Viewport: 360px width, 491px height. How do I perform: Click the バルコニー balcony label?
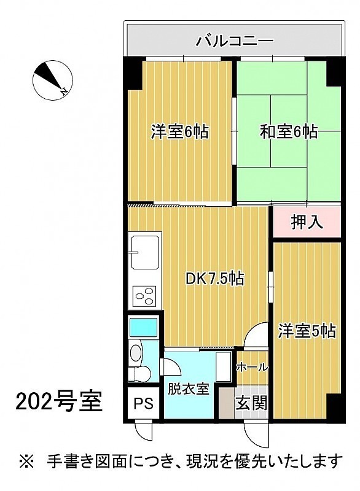tap(235, 41)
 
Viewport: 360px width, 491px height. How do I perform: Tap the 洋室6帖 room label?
tap(180, 131)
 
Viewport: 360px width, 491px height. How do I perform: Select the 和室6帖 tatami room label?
tap(289, 131)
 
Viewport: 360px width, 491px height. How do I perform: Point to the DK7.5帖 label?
tap(215, 278)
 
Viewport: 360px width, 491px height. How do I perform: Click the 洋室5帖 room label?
tap(307, 331)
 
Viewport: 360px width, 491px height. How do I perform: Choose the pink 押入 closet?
tap(307, 222)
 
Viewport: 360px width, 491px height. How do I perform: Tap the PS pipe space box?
tap(144, 403)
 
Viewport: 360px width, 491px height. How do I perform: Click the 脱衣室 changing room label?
tap(189, 389)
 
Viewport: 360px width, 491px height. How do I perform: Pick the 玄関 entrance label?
tap(252, 403)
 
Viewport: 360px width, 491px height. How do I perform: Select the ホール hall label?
tap(252, 367)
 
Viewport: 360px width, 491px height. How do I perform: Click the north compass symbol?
tap(53, 80)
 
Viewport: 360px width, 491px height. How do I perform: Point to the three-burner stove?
tap(144, 296)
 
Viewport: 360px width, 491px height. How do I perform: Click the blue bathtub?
tap(143, 327)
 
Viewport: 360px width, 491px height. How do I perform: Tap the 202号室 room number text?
tap(59, 402)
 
